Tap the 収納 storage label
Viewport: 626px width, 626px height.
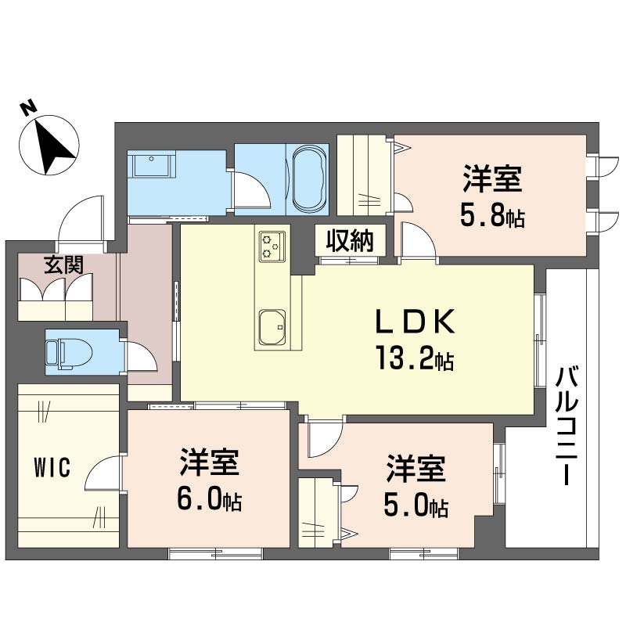pos(350,241)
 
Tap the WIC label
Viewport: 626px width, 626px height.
pos(52,469)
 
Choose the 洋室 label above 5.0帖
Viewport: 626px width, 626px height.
pos(416,471)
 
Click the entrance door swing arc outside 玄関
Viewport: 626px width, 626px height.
pos(78,215)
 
